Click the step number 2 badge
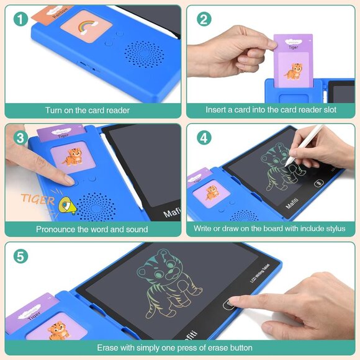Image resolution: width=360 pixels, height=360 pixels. [x=204, y=19]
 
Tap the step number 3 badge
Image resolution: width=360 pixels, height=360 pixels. [x=20, y=138]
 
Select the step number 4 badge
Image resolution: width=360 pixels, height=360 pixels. [x=204, y=138]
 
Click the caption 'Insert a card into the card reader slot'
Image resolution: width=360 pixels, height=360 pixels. [x=271, y=110]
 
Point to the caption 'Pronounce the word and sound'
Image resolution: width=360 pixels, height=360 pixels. [x=92, y=229]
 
